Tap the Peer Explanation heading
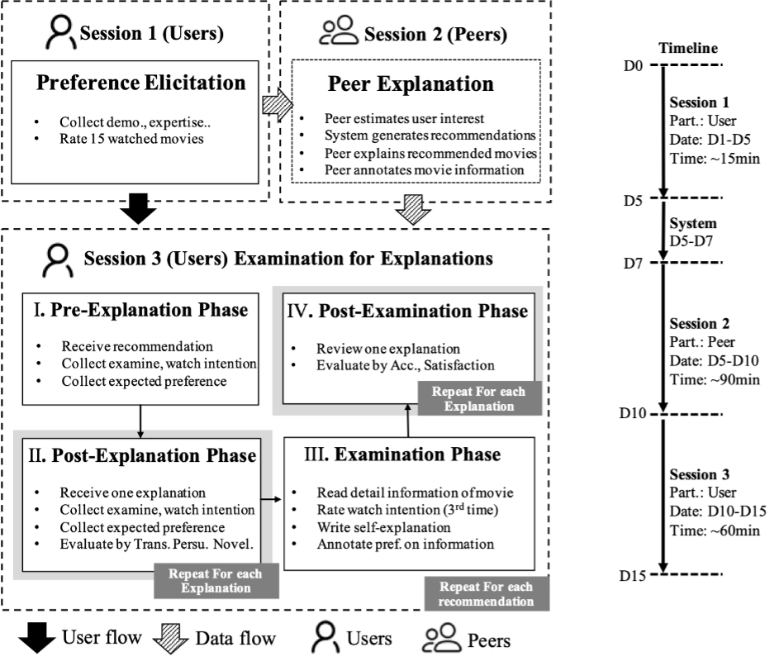pos(411,83)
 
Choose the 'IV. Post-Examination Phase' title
pos(406,311)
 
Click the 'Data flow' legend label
pos(235,639)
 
